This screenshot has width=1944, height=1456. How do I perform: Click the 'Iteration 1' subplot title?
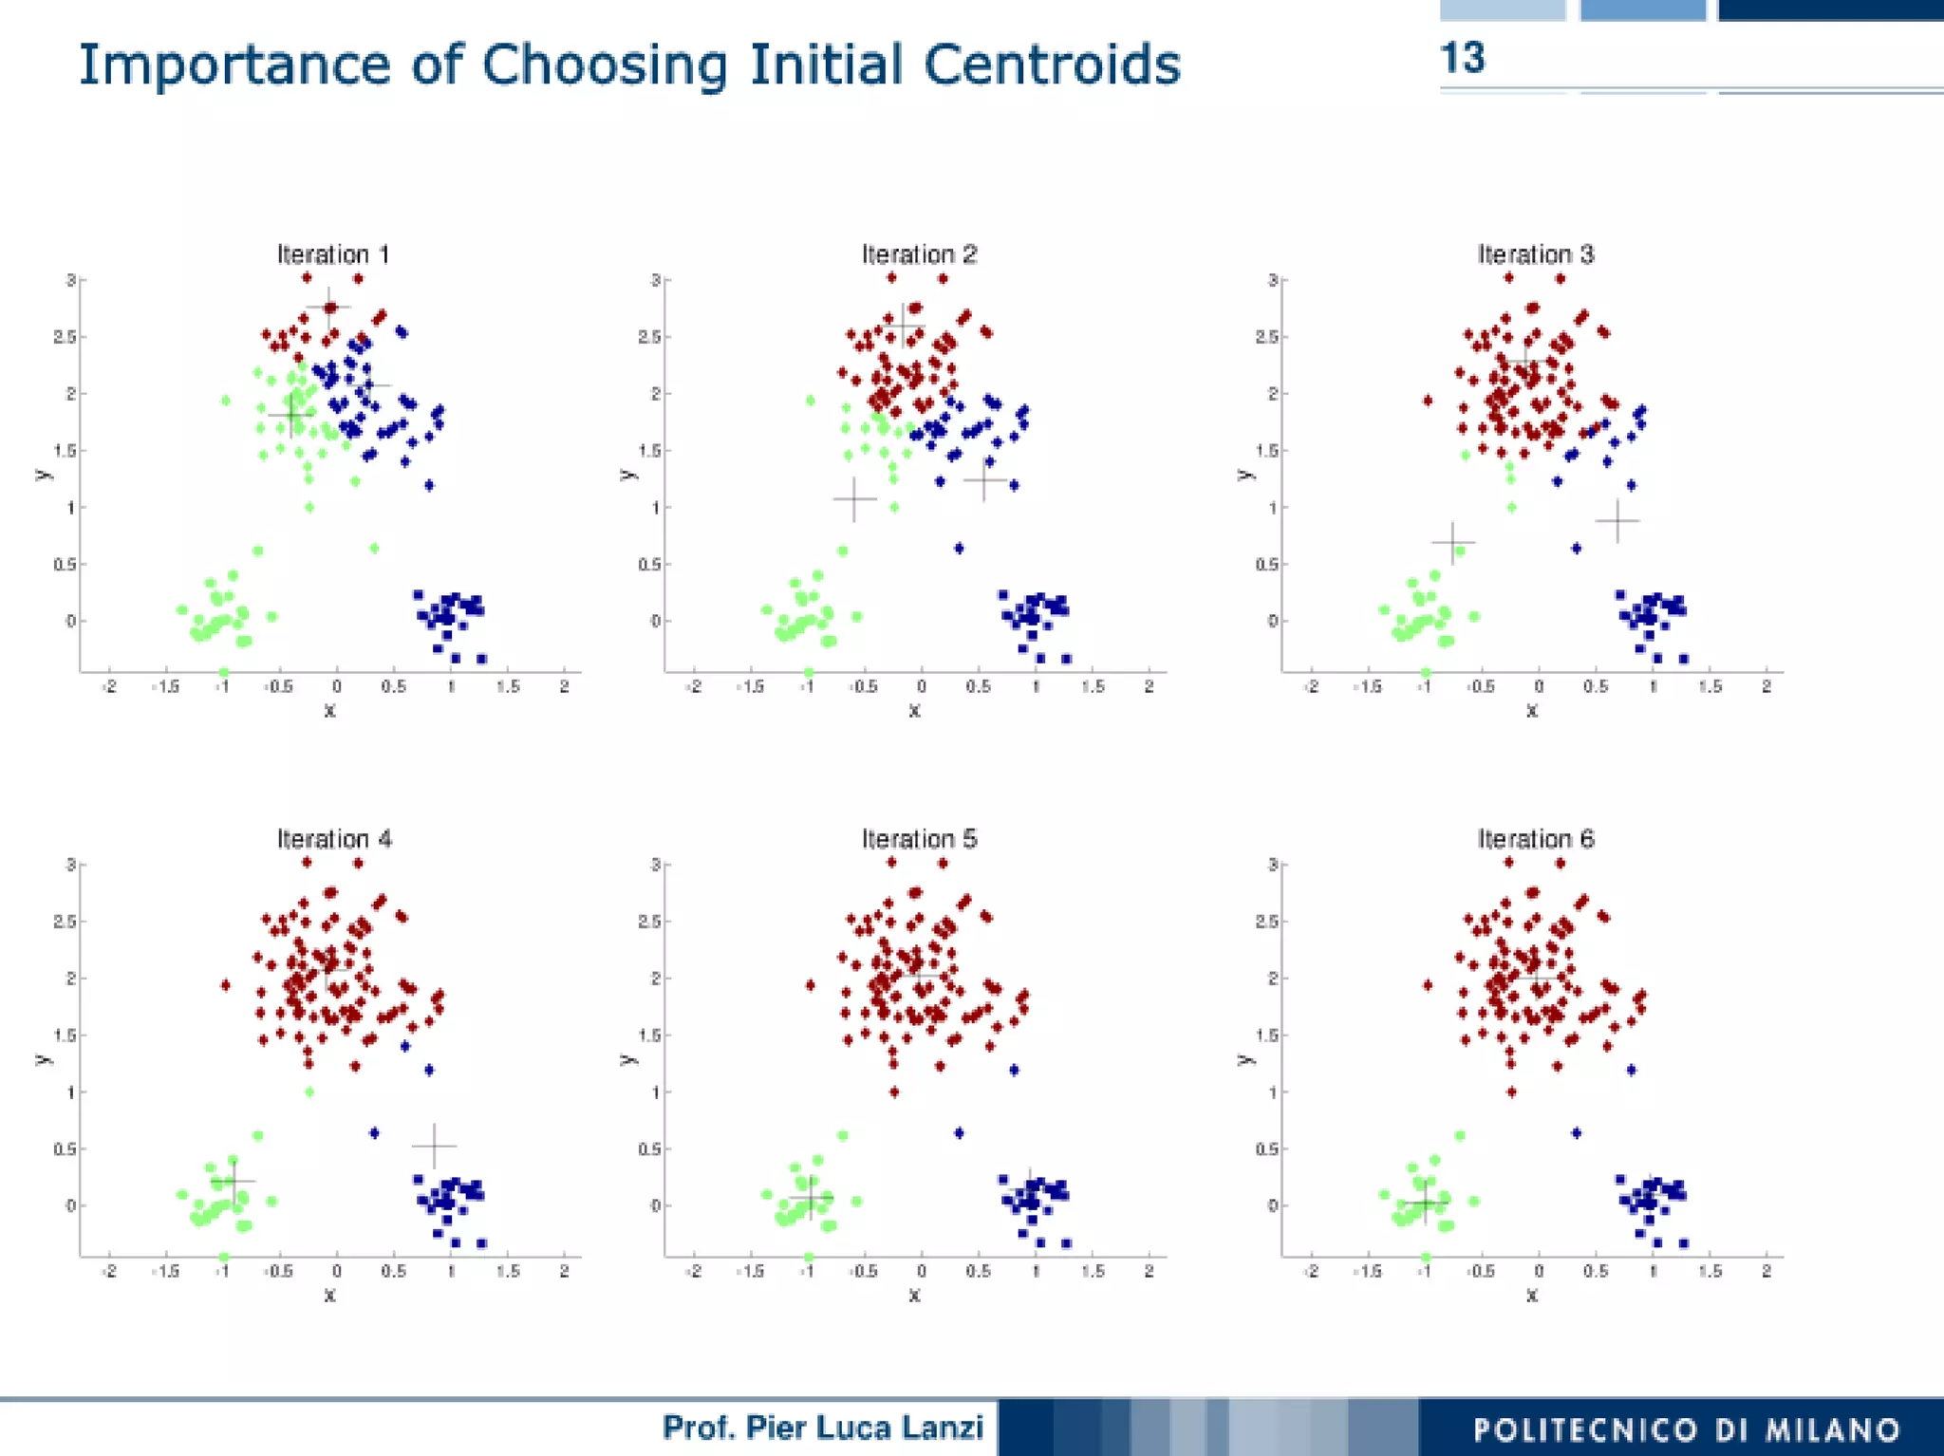pos(333,254)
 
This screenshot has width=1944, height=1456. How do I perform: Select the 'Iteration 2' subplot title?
pos(918,254)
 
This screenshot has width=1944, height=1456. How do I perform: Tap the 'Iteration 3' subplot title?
pos(1535,254)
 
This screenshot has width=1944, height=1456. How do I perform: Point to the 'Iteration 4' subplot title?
pos(333,839)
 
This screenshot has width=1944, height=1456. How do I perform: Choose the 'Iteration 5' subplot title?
pos(918,839)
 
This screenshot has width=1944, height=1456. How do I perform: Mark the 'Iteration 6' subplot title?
pos(1535,839)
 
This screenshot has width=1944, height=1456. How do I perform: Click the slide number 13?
pos(1462,59)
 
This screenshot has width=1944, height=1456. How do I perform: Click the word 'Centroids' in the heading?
pos(1052,65)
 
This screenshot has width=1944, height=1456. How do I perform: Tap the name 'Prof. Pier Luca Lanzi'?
pos(822,1427)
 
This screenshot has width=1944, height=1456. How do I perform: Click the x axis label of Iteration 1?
pos(329,710)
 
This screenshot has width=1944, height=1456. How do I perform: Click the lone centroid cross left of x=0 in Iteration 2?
pos(854,498)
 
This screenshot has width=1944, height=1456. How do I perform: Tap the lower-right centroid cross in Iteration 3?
pos(1617,520)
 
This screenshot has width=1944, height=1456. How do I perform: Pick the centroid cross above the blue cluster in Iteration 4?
pos(434,1146)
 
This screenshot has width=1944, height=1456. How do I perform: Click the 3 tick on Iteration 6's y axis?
pos(1272,865)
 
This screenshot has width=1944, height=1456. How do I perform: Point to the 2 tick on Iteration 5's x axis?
pos(1149,1272)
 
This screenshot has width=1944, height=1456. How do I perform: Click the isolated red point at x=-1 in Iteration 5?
pos(810,985)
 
